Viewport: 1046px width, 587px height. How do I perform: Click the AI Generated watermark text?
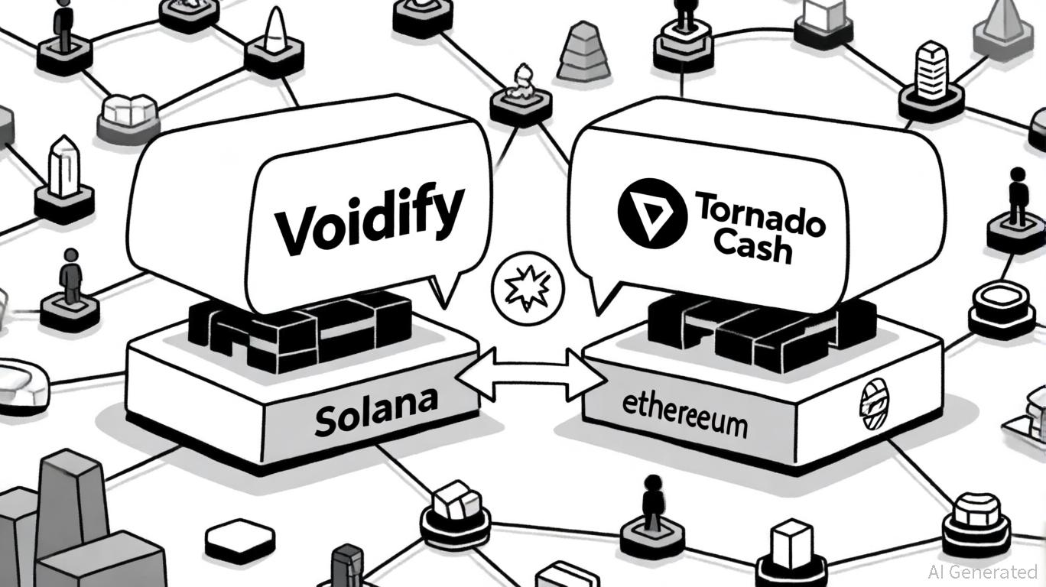tap(982, 572)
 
